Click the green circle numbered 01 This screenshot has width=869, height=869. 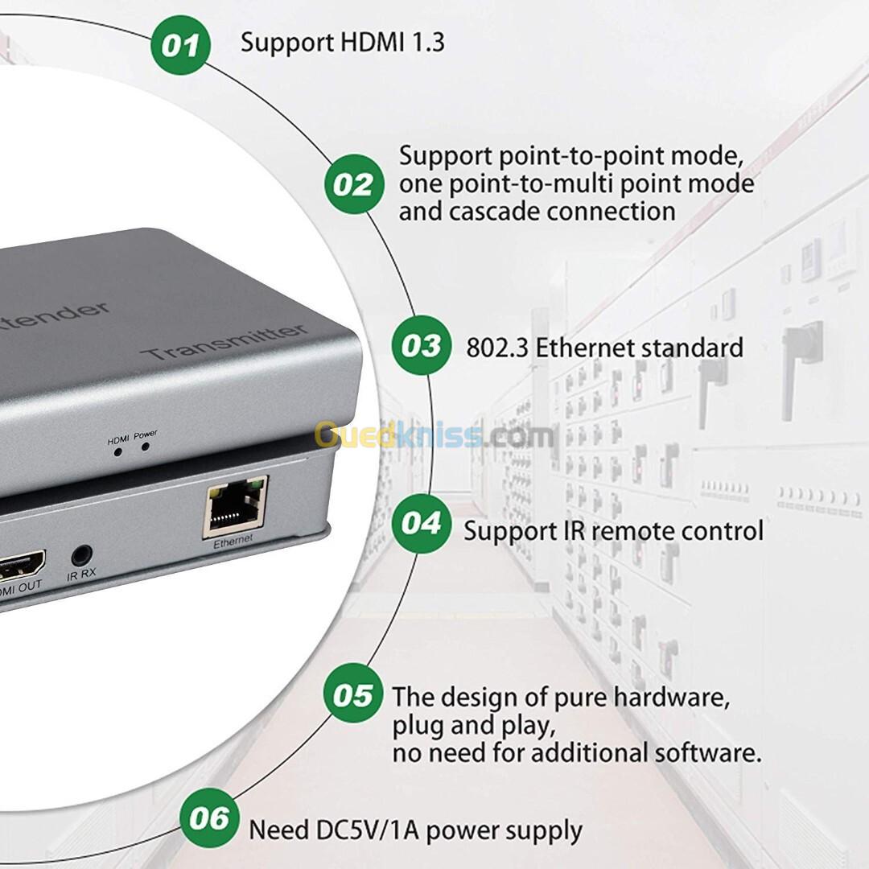(181, 45)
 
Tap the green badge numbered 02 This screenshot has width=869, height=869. (354, 184)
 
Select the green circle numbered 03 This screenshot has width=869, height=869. (421, 345)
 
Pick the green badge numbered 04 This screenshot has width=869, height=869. (421, 523)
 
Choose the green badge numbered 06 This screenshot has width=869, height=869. (209, 818)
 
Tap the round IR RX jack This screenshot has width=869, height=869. (82, 554)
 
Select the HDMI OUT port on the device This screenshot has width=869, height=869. (21, 566)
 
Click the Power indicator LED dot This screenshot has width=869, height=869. (145, 446)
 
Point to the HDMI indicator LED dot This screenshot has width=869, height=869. (118, 452)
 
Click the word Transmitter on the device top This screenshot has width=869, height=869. (224, 342)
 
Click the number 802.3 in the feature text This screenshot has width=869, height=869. (496, 348)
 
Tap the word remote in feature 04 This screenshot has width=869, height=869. (629, 531)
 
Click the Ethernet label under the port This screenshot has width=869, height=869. (233, 541)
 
